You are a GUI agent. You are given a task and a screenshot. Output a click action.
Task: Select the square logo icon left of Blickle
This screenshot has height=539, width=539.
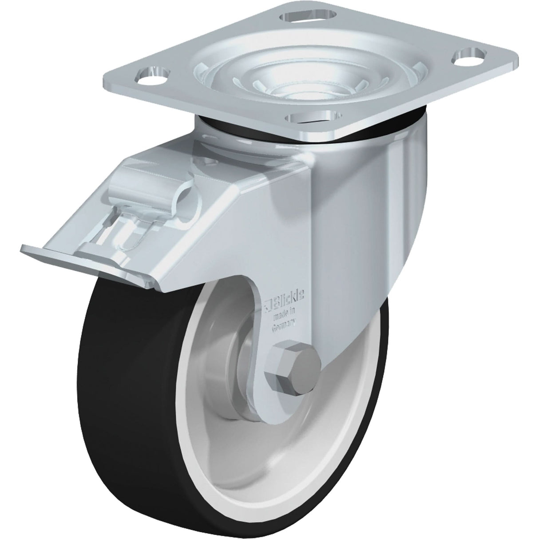tap(268, 304)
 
